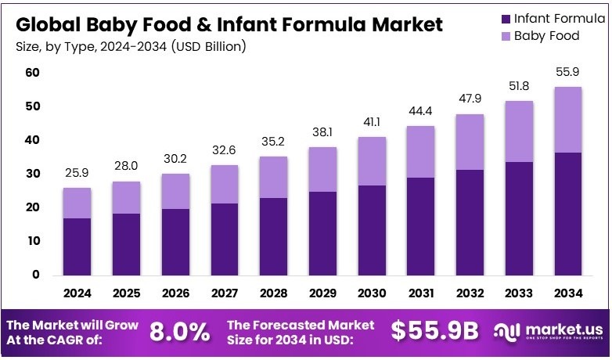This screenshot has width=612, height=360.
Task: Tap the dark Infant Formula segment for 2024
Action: (x=77, y=246)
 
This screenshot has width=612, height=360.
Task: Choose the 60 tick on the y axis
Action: (x=32, y=73)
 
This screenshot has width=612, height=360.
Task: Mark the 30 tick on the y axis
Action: (x=32, y=174)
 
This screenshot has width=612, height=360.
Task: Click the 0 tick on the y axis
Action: (x=36, y=275)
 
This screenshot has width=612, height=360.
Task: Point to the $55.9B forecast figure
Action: (x=434, y=331)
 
